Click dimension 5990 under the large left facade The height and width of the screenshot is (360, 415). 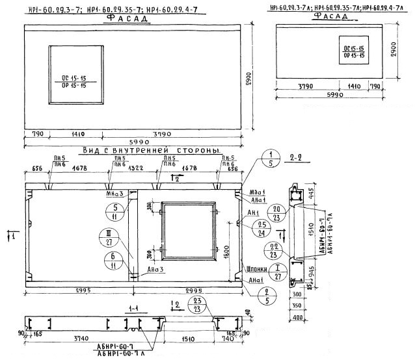pos(129,144)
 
